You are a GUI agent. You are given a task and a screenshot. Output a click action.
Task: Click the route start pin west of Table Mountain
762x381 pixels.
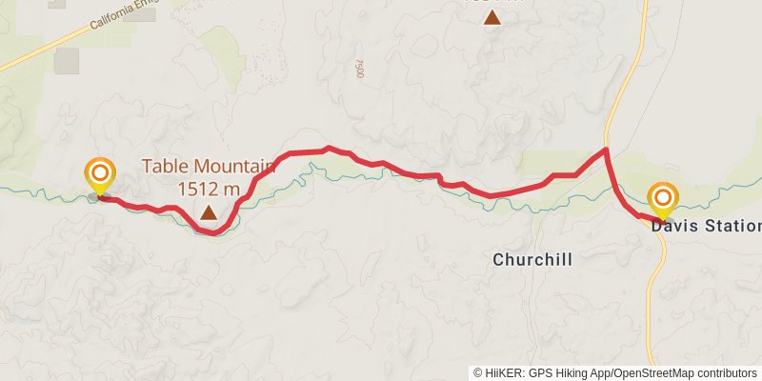[x=99, y=175]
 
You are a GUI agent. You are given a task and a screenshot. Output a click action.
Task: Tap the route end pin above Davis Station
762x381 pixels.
[x=663, y=199]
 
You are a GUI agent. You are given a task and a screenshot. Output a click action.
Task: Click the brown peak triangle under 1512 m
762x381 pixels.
[x=208, y=211]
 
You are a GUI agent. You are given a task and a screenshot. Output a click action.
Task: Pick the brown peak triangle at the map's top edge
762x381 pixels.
[x=491, y=16]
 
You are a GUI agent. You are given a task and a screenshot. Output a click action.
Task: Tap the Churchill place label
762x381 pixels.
[x=532, y=259]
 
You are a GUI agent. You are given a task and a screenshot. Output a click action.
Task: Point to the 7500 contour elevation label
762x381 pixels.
[x=359, y=70]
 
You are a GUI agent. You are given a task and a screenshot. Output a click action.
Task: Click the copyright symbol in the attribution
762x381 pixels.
[x=478, y=372]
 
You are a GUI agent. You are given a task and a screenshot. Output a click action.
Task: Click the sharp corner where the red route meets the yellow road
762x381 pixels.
[x=605, y=150]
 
